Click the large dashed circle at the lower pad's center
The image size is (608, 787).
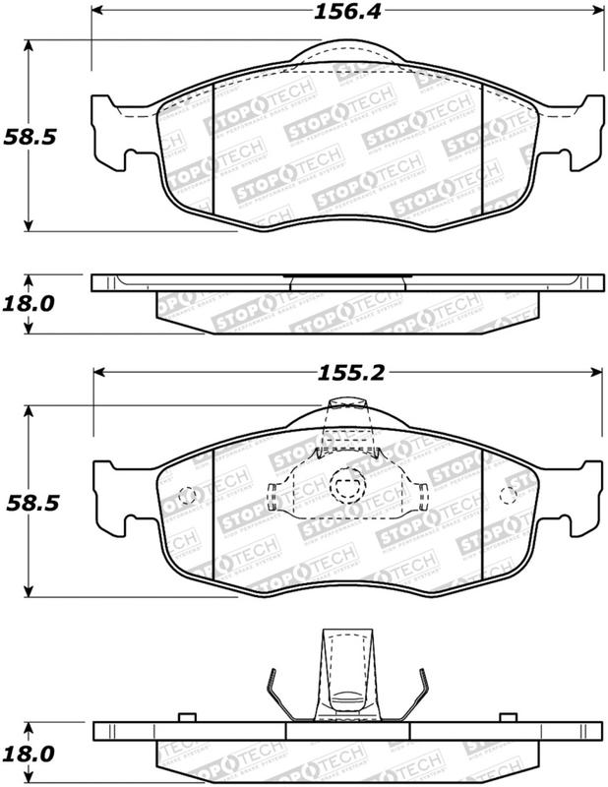coord(345,484)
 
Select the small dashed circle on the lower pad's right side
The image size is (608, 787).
coord(509,495)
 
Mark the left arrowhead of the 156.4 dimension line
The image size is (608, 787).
coord(98,13)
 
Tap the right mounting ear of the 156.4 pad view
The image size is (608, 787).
coord(584,128)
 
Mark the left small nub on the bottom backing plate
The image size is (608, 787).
coord(185,719)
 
